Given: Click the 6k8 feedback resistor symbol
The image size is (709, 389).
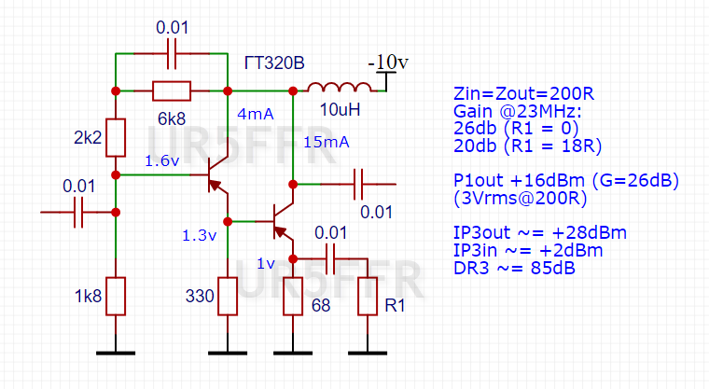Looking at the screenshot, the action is pyautogui.click(x=172, y=90).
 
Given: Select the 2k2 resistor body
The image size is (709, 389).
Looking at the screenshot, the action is pyautogui.click(x=116, y=138).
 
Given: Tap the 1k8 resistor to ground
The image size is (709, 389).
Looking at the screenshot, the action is pyautogui.click(x=116, y=297).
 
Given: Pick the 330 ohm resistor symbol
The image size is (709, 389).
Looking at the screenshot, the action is pyautogui.click(x=228, y=297).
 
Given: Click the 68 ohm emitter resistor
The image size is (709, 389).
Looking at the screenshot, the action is pyautogui.click(x=293, y=297).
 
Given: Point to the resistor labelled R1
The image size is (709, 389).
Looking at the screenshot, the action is pyautogui.click(x=368, y=297).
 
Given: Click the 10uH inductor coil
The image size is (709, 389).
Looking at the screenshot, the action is pyautogui.click(x=340, y=88).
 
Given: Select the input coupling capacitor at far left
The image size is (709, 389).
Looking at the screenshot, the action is pyautogui.click(x=78, y=212).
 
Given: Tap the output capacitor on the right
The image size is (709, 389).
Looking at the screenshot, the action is pyautogui.click(x=358, y=184).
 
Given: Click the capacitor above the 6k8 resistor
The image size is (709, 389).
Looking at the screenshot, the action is pyautogui.click(x=172, y=54).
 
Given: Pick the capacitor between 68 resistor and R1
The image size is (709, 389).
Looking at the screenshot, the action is pyautogui.click(x=330, y=259).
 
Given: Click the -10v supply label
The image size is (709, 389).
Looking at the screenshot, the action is pyautogui.click(x=388, y=62).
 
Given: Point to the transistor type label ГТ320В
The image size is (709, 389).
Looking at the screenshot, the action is pyautogui.click(x=274, y=63).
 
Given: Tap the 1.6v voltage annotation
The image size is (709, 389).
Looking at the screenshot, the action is pyautogui.click(x=162, y=161).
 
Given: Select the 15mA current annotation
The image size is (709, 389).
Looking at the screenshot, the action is pyautogui.click(x=327, y=143).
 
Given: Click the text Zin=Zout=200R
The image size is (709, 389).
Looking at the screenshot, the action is pyautogui.click(x=523, y=93).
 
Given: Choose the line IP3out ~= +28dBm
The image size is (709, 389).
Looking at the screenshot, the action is pyautogui.click(x=540, y=233).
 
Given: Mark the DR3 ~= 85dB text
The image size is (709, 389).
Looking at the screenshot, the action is pyautogui.click(x=514, y=269).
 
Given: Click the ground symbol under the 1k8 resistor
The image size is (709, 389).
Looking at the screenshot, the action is pyautogui.click(x=116, y=353).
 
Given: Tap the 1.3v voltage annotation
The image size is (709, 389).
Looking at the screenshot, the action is pyautogui.click(x=200, y=235).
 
